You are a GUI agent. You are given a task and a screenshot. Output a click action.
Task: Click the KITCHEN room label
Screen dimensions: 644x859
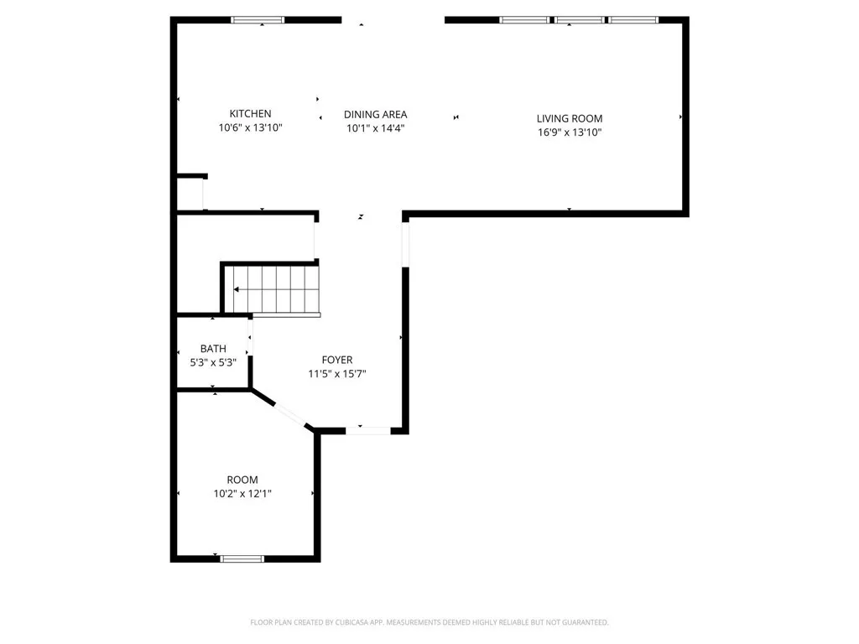[x=250, y=114]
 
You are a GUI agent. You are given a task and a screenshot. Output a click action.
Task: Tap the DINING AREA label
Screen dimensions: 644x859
[x=375, y=115]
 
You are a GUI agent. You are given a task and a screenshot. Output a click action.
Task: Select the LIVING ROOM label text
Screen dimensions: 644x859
[x=570, y=118]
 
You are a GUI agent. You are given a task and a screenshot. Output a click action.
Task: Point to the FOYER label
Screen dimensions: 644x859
[x=336, y=360]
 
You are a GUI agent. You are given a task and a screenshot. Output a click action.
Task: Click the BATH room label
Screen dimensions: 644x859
[x=213, y=349]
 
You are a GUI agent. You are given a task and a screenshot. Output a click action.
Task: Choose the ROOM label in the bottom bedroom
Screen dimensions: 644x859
[x=242, y=480]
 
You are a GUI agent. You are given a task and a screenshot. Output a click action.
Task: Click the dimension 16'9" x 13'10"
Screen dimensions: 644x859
[x=570, y=132]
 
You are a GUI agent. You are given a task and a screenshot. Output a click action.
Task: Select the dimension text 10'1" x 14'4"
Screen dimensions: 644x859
[x=375, y=129]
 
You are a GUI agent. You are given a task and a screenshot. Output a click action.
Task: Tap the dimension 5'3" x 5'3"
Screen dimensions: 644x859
[x=213, y=363]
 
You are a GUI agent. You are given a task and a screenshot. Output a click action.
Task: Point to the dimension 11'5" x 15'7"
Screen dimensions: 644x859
[x=336, y=374]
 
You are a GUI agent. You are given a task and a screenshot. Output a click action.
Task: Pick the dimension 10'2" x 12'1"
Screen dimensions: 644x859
[x=242, y=495]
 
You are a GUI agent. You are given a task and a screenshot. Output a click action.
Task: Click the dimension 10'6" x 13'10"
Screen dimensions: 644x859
[x=250, y=128]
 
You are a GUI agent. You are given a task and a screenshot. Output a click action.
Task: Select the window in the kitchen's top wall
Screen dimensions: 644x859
[x=258, y=20]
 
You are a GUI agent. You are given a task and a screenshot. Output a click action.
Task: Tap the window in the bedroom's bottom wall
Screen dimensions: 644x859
[x=242, y=558]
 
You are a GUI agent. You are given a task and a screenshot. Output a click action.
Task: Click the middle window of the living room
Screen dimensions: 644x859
[x=579, y=20]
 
